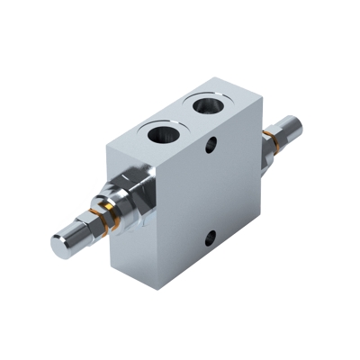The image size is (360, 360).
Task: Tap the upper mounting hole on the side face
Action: pyautogui.click(x=213, y=144)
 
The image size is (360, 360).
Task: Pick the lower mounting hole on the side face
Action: pyautogui.click(x=209, y=238)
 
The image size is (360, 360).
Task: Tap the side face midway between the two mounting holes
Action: pyautogui.click(x=211, y=192)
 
